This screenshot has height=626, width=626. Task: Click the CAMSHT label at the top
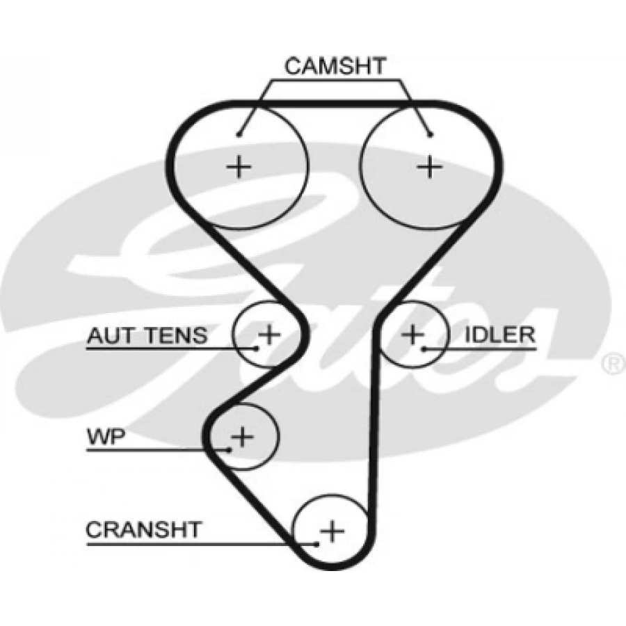tap(335, 67)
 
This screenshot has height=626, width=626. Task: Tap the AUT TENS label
tap(147, 336)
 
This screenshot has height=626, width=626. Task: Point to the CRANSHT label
tap(143, 530)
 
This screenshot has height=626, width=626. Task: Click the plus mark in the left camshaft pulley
tap(239, 166)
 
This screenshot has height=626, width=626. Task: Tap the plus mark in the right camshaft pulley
tap(430, 166)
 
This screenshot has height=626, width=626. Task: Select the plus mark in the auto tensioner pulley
tap(268, 335)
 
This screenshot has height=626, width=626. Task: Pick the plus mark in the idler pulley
tap(413, 335)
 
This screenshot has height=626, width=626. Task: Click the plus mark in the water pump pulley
tap(242, 437)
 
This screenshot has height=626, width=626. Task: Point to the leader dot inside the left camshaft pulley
tap(239, 134)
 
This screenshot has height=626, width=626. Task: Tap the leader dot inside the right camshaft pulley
tap(431, 134)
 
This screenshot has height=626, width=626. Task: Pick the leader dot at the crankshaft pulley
tap(317, 543)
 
